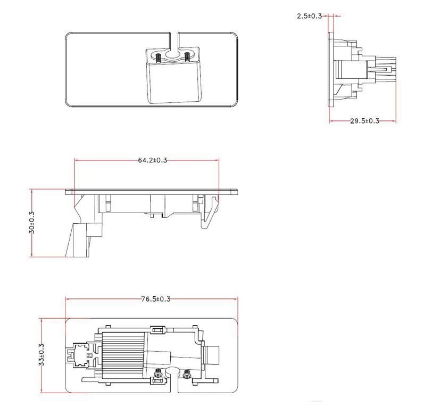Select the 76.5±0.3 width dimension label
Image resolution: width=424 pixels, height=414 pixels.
[155, 299]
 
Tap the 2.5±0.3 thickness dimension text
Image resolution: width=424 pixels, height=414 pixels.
[309, 16]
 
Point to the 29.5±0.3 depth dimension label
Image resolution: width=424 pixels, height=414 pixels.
[364, 121]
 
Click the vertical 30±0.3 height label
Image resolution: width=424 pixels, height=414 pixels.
[32, 223]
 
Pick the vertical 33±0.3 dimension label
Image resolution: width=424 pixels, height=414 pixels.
[41, 355]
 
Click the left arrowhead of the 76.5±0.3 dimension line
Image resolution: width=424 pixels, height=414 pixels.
[67, 299]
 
